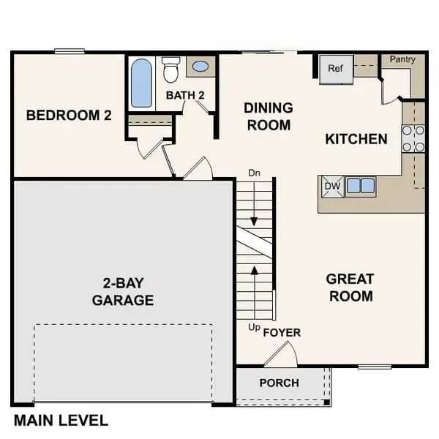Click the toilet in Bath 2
(170, 70)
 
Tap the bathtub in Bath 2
(142, 83)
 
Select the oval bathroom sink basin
(200, 67)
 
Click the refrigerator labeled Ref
(337, 70)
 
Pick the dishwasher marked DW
(333, 187)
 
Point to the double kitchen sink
(361, 186)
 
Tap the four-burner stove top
(413, 138)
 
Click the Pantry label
(402, 59)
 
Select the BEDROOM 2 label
(69, 116)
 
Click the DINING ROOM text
(269, 116)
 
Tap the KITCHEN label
(356, 139)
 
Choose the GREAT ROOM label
(350, 288)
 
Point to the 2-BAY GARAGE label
(123, 292)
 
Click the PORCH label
(279, 383)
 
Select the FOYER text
(282, 333)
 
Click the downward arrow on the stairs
(254, 204)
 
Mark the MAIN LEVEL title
(61, 420)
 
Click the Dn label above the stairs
(254, 173)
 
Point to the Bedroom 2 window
(70, 51)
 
